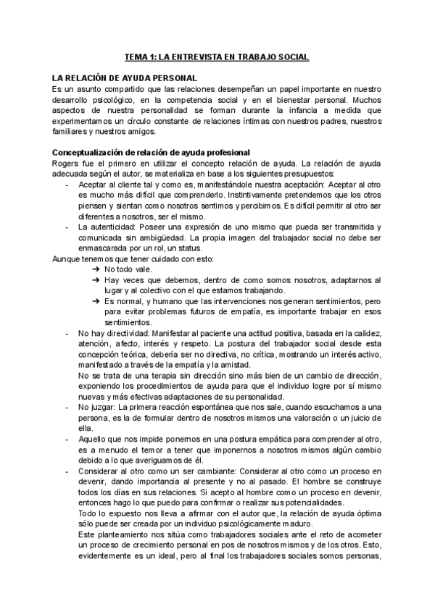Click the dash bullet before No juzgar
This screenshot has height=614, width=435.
67,408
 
